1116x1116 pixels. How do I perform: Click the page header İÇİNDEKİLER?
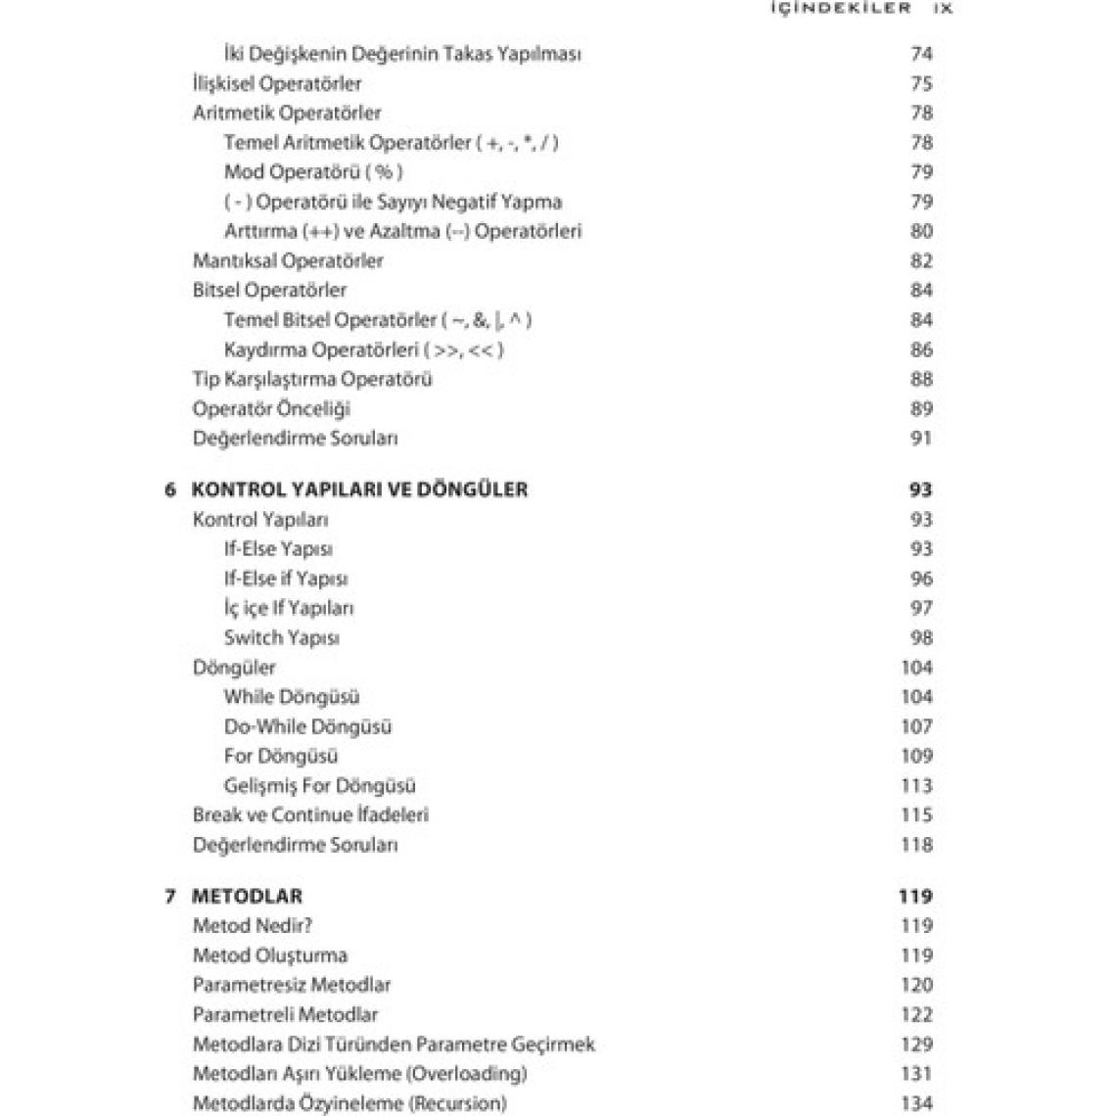click(841, 8)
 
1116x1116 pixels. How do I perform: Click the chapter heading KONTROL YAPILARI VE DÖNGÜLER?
click(359, 489)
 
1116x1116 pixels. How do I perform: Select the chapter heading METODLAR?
click(247, 896)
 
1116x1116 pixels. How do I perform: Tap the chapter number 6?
click(170, 489)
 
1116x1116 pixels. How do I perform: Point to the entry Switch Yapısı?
click(281, 638)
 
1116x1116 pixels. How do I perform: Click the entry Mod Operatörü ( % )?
click(313, 172)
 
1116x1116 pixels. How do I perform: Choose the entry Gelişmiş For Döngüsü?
click(319, 786)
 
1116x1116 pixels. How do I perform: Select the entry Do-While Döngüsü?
click(307, 726)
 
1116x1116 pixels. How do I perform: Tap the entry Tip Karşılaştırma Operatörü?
click(312, 379)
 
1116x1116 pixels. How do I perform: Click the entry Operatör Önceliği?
click(271, 408)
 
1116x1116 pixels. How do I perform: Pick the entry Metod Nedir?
click(253, 925)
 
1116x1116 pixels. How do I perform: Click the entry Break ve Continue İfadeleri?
click(310, 814)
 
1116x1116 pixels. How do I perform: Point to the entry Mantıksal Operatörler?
click(288, 260)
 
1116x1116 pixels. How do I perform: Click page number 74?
click(921, 54)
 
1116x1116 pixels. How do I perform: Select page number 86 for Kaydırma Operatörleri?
click(921, 349)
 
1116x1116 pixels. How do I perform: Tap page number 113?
click(916, 786)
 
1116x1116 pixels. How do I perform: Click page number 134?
click(916, 1103)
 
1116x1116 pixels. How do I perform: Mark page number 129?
click(916, 1045)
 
